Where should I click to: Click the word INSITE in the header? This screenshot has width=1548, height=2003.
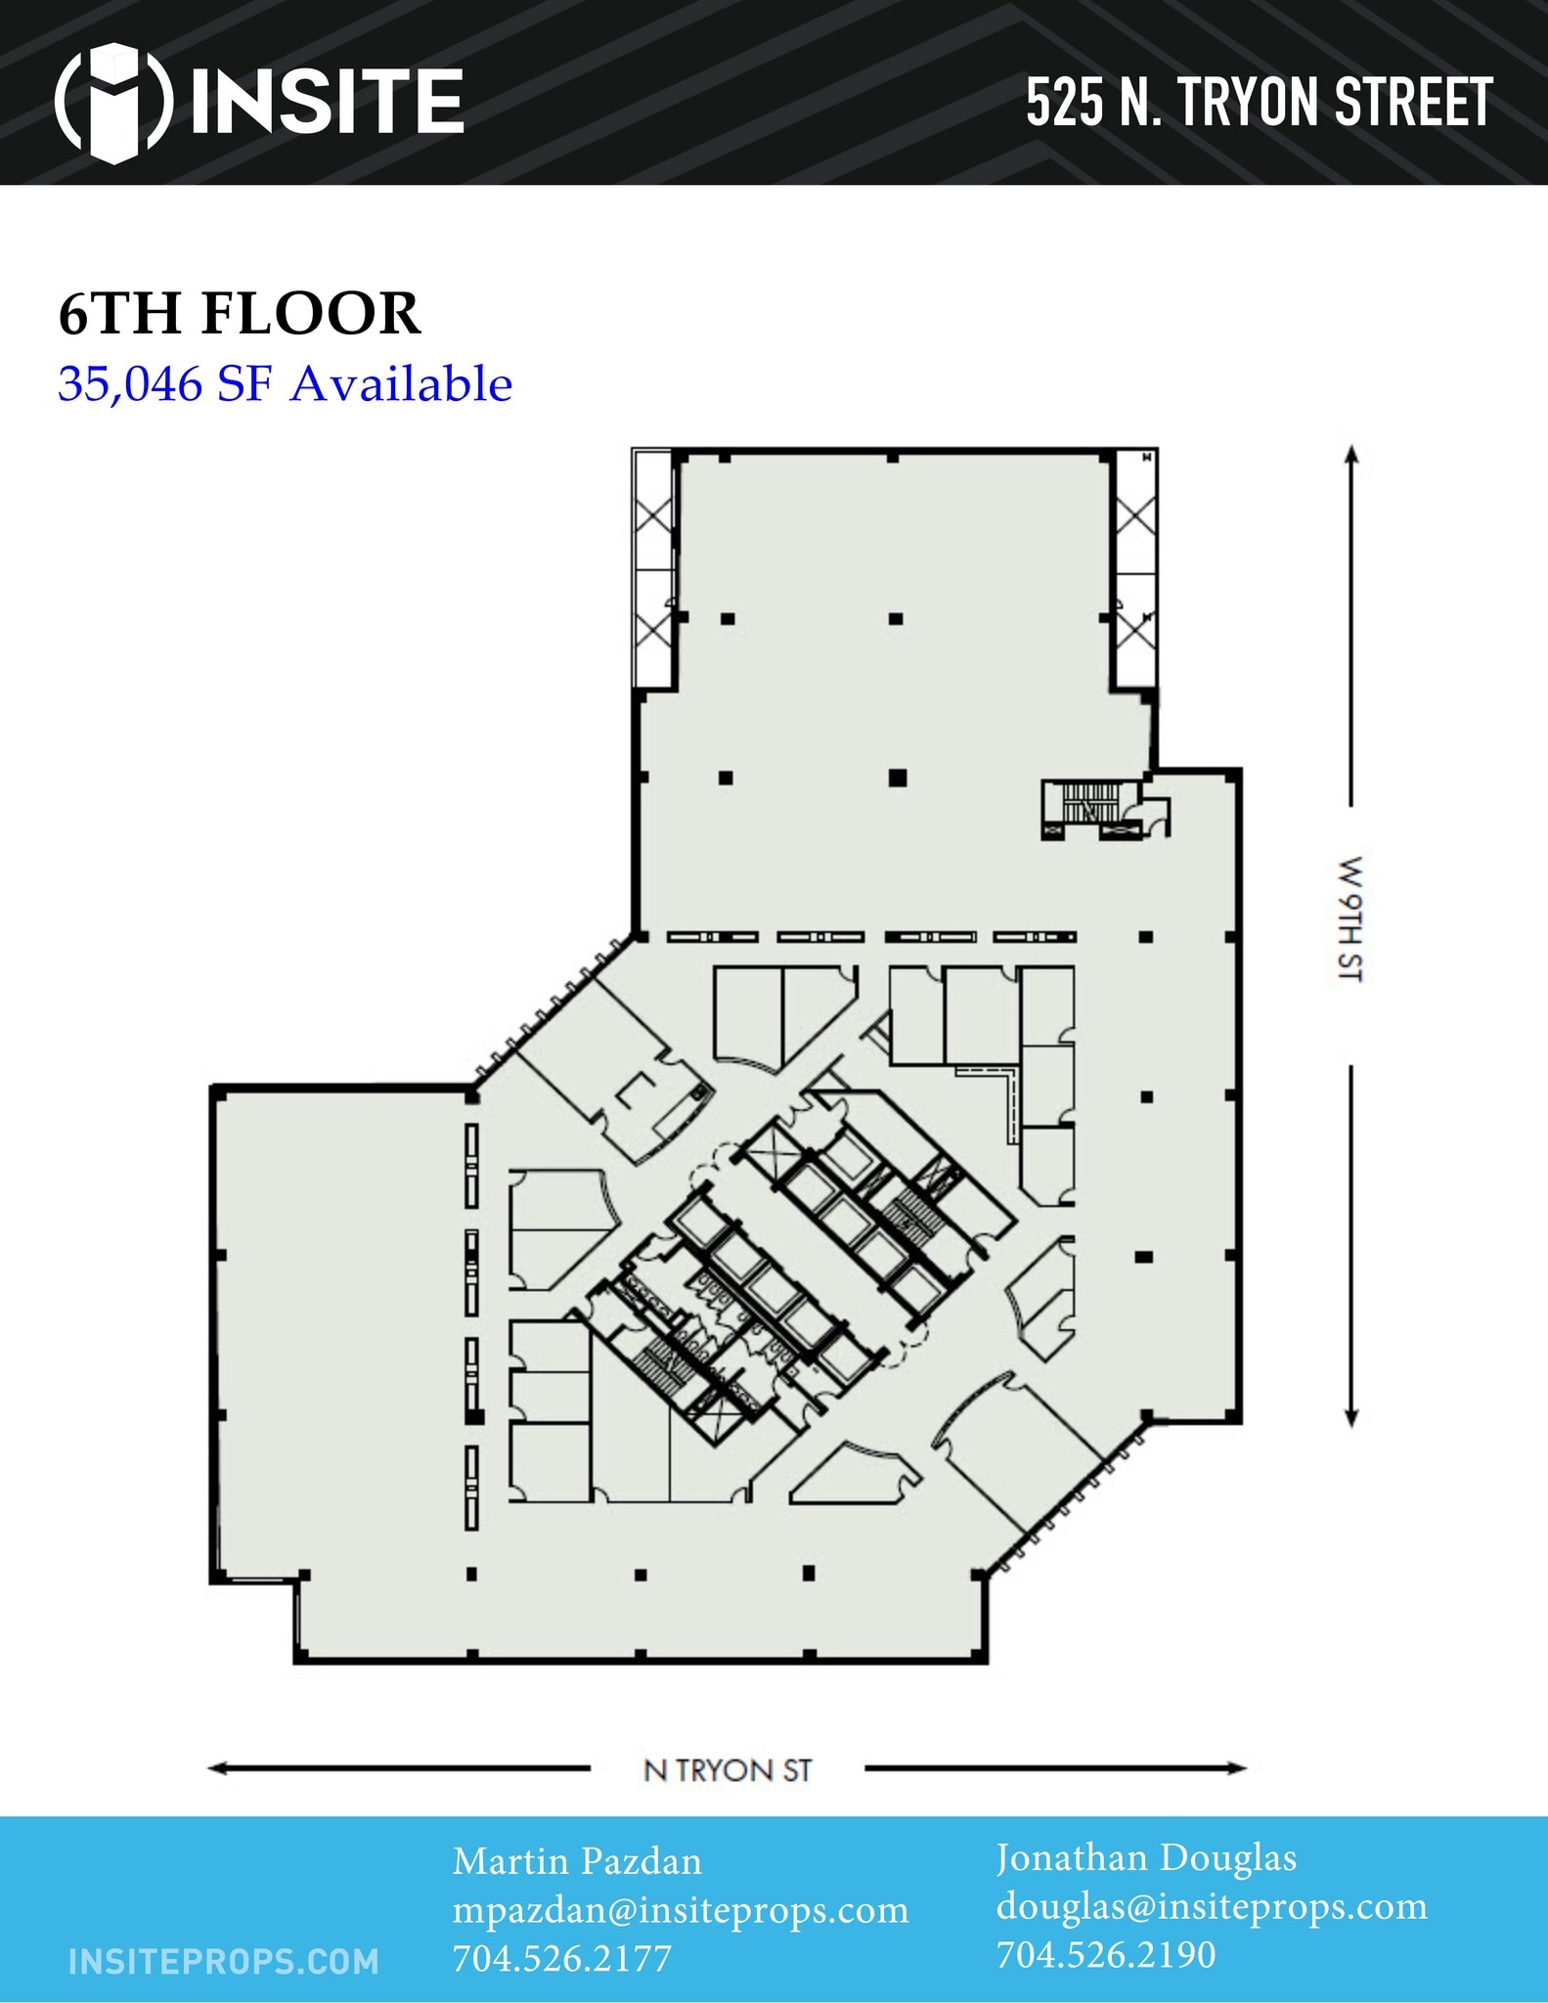[327, 102]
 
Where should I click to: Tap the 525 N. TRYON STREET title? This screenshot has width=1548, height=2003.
[1259, 103]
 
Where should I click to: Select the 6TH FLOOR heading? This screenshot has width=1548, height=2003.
[240, 314]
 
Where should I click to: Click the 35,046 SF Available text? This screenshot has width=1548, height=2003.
[285, 383]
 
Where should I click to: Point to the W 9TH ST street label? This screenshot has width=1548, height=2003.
[1350, 918]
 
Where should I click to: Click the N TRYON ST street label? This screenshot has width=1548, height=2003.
[728, 1770]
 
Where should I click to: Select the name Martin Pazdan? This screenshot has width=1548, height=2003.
[577, 1861]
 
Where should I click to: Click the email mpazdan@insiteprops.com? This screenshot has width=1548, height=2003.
[681, 1910]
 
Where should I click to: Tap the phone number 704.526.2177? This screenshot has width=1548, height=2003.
[562, 1958]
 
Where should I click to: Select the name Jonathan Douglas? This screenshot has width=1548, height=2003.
[1146, 1858]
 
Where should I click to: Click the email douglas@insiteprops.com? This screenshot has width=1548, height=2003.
[1212, 1906]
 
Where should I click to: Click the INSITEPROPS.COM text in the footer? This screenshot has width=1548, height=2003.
[224, 1961]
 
